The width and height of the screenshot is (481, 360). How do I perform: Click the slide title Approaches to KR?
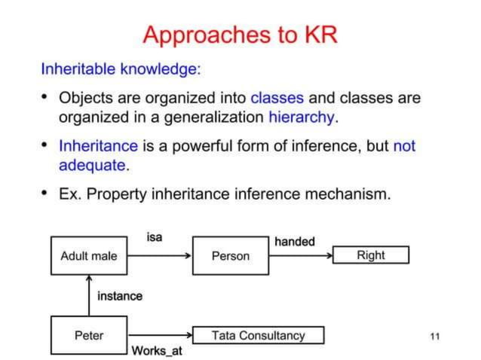(240, 35)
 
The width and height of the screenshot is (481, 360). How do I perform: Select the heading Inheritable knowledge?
(121, 69)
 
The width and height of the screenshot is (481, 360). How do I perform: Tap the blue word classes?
(277, 99)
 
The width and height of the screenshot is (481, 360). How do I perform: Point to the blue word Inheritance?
(98, 145)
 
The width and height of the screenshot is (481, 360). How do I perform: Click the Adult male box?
(89, 256)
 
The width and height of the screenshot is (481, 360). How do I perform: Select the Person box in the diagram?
(230, 256)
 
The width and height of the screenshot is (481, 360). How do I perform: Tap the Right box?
(370, 255)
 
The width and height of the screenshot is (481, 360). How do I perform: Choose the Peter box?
(89, 335)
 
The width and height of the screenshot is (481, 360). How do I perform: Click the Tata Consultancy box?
(258, 335)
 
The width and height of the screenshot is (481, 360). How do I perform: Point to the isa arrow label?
(154, 237)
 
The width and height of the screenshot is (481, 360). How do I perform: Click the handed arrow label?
(294, 242)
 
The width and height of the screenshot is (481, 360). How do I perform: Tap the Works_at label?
(157, 351)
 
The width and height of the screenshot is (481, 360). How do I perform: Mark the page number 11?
(434, 336)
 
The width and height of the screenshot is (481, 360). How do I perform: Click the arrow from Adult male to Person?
(160, 256)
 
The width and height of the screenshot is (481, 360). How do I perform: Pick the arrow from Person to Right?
(301, 256)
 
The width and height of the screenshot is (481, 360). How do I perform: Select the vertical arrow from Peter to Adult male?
(89, 295)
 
